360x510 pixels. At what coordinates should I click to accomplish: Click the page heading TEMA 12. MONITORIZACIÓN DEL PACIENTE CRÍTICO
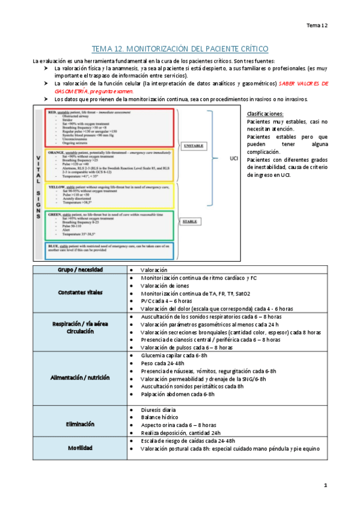point(180,49)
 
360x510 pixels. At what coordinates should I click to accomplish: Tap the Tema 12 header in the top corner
point(317,25)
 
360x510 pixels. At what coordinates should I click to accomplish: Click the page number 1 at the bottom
point(325,485)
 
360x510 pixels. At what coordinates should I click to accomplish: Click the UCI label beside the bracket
point(235,158)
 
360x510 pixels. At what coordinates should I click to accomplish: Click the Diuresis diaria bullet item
point(159,410)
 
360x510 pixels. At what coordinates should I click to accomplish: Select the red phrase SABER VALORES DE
point(304,84)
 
